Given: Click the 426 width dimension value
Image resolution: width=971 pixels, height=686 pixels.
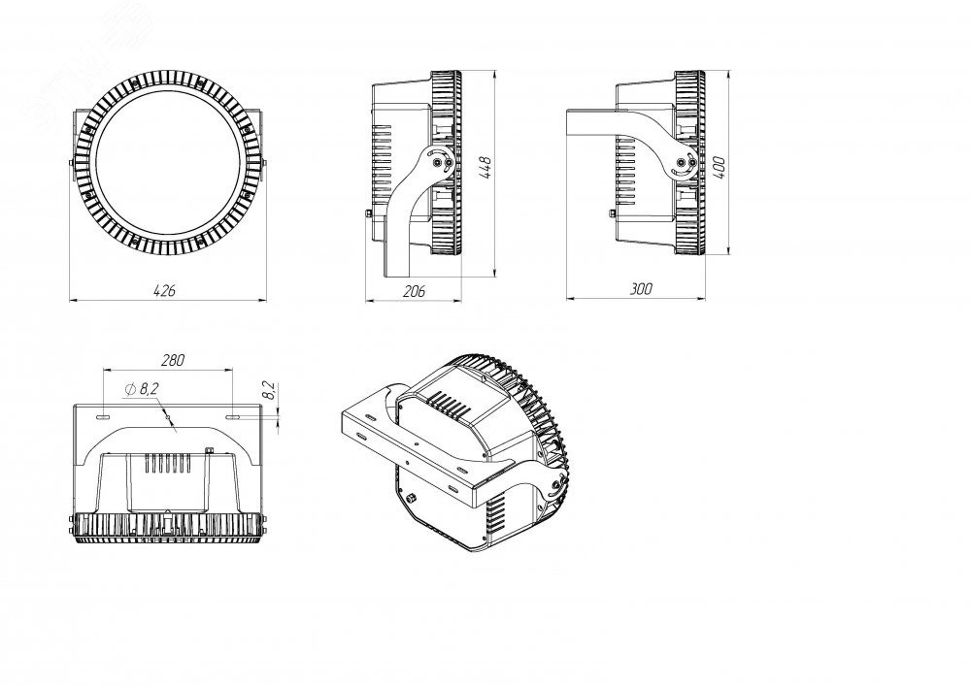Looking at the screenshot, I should (x=164, y=289).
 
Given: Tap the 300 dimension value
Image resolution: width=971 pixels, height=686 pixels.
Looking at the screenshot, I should (x=641, y=288).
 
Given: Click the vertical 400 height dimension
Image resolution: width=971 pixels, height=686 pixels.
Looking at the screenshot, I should (x=719, y=167).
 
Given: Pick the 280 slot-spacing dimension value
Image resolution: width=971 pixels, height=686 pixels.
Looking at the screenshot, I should (x=172, y=360).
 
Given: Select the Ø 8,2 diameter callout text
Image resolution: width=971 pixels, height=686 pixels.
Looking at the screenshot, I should (x=144, y=388).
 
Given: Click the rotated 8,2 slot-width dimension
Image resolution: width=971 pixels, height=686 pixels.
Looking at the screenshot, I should (x=270, y=391).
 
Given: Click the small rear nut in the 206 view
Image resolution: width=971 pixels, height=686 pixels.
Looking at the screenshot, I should (x=368, y=212).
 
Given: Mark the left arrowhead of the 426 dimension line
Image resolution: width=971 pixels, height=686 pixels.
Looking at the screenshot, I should (x=71, y=300).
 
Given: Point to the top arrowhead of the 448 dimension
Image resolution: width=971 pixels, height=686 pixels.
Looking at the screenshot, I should (x=496, y=73).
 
